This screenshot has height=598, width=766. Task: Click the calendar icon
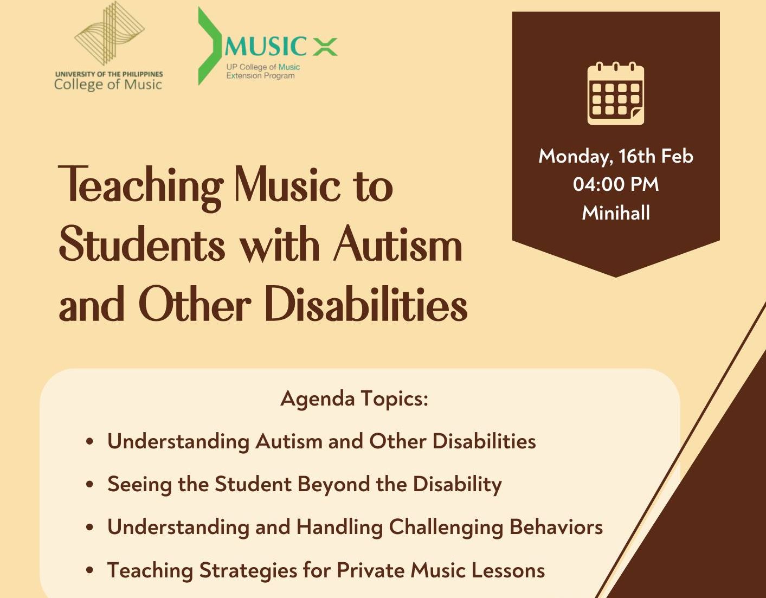click(x=616, y=93)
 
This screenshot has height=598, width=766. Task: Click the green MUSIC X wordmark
click(x=281, y=46)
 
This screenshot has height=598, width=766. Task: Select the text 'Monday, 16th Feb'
click(x=616, y=156)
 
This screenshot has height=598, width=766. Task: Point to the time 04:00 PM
click(x=616, y=184)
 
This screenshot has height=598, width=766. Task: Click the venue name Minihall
click(x=616, y=213)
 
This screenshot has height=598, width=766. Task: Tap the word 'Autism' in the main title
click(x=397, y=245)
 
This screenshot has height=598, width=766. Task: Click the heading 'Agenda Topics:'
click(x=355, y=398)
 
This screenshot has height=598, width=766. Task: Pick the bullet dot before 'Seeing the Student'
click(x=90, y=484)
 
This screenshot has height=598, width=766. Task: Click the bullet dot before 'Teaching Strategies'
click(x=90, y=571)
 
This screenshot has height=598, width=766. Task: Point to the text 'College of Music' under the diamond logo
click(x=108, y=85)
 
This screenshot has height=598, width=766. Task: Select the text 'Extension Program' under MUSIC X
click(x=260, y=76)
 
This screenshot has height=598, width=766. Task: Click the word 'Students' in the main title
click(x=141, y=245)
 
